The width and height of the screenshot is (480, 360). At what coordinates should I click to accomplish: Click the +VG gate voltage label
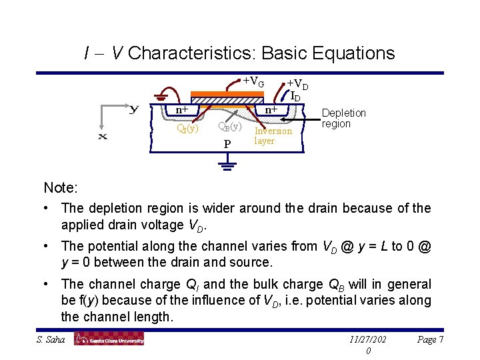point(253,82)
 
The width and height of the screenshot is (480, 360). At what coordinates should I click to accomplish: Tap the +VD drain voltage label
point(297,85)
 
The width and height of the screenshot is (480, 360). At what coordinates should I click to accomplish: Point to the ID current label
point(295,97)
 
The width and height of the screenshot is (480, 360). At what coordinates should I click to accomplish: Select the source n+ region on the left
point(181,110)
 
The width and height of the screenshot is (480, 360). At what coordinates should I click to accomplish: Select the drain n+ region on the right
point(272,109)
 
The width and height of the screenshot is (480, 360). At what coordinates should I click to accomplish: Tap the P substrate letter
point(227,144)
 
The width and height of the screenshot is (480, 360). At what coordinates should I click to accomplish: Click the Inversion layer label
point(273,136)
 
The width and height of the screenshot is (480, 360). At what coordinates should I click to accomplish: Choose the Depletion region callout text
point(343,119)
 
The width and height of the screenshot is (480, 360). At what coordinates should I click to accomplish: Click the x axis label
point(103,136)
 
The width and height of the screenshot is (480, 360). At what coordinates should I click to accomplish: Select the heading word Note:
point(61,188)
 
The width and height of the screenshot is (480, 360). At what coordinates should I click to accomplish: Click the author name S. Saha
point(50,339)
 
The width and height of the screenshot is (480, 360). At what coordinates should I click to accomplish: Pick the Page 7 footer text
point(431,339)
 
